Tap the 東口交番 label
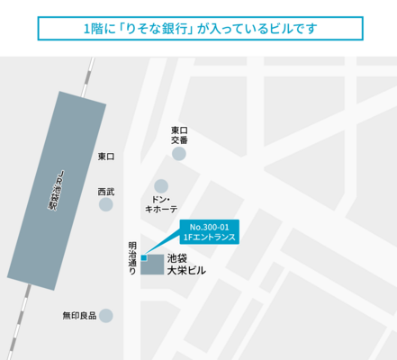(x=179, y=135)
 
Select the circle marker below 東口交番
(x=179, y=154)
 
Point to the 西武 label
(x=106, y=191)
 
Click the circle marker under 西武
(x=106, y=205)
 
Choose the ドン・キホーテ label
(x=162, y=202)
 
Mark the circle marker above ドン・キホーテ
(x=161, y=185)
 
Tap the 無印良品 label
(x=79, y=316)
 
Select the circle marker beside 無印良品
(x=106, y=316)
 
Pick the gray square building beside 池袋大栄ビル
(x=152, y=266)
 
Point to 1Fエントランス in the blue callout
(x=207, y=238)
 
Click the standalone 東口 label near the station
(x=106, y=157)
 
